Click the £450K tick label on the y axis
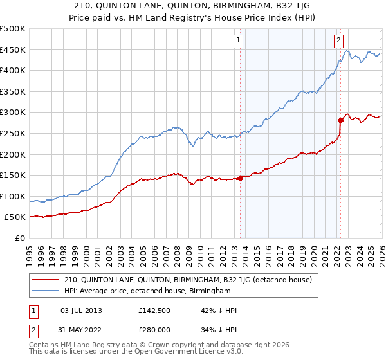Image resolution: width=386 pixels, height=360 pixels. coord(13,50)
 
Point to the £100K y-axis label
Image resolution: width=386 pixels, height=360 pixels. coord(13,196)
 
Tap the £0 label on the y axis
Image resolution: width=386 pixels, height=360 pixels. coord(19,238)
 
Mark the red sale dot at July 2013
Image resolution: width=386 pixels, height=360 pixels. coord(240,178)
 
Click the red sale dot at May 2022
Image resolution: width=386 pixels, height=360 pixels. coord(340,120)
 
